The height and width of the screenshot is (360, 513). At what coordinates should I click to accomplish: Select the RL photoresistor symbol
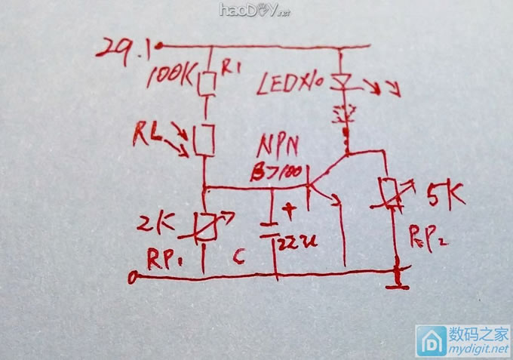pyautogui.click(x=205, y=140)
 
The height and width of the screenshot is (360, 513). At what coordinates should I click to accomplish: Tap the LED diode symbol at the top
pyautogui.click(x=344, y=80)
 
